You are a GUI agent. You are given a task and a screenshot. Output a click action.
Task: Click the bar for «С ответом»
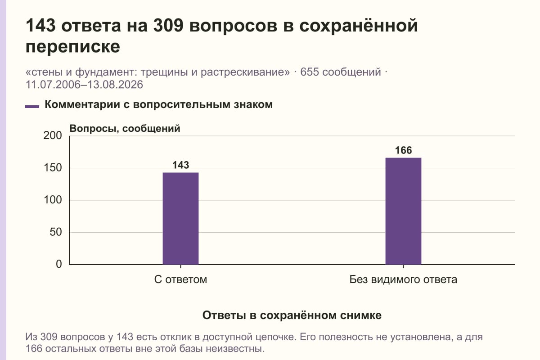click(180, 218)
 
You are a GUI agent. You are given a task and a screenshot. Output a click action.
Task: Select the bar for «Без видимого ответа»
click(403, 211)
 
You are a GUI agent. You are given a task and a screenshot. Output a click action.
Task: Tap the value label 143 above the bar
click(180, 165)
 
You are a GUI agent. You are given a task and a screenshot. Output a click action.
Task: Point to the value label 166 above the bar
click(403, 150)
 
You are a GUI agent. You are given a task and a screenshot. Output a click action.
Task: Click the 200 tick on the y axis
click(53, 135)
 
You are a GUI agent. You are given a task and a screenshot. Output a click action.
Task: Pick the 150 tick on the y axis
click(53, 168)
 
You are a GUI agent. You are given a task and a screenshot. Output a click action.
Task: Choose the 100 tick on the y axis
click(53, 200)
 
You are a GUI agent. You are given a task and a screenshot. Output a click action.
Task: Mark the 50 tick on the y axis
click(56, 232)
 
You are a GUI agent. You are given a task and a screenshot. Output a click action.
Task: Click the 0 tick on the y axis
click(59, 264)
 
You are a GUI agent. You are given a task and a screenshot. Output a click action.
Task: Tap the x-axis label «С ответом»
click(180, 280)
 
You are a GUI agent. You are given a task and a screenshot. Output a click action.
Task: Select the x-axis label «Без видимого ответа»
click(403, 280)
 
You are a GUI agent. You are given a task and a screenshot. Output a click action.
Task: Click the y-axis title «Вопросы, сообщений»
click(125, 129)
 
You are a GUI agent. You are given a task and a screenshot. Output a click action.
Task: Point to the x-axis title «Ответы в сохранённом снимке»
click(292, 315)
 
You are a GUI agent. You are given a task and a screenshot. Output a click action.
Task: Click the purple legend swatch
click(32, 107)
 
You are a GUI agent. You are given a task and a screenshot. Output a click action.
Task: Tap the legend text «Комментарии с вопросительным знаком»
click(158, 105)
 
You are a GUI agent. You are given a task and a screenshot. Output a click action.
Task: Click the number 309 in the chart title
click(168, 25)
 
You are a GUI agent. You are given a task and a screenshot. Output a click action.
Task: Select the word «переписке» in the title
click(73, 47)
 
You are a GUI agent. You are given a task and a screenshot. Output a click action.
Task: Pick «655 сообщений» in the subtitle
click(341, 72)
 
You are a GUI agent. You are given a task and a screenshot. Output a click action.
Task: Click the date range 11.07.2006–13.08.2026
click(85, 85)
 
